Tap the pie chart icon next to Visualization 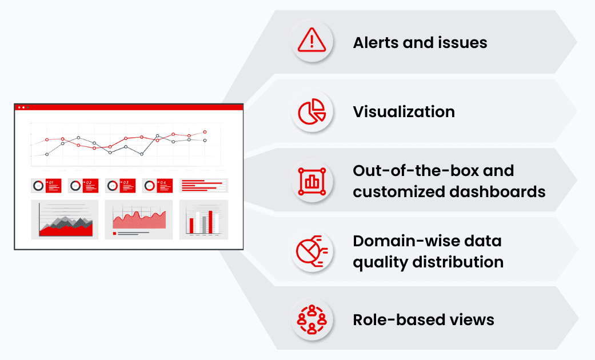[x=312, y=111]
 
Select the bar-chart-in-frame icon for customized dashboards [x=312, y=181]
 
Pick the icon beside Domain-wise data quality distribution [x=312, y=251]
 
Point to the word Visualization [x=404, y=111]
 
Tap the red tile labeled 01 [x=54, y=186]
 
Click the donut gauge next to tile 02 [x=75, y=186]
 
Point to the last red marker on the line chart [x=205, y=132]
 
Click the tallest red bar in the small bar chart [x=210, y=222]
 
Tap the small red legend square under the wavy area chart [x=115, y=233]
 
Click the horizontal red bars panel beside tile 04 [x=203, y=186]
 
